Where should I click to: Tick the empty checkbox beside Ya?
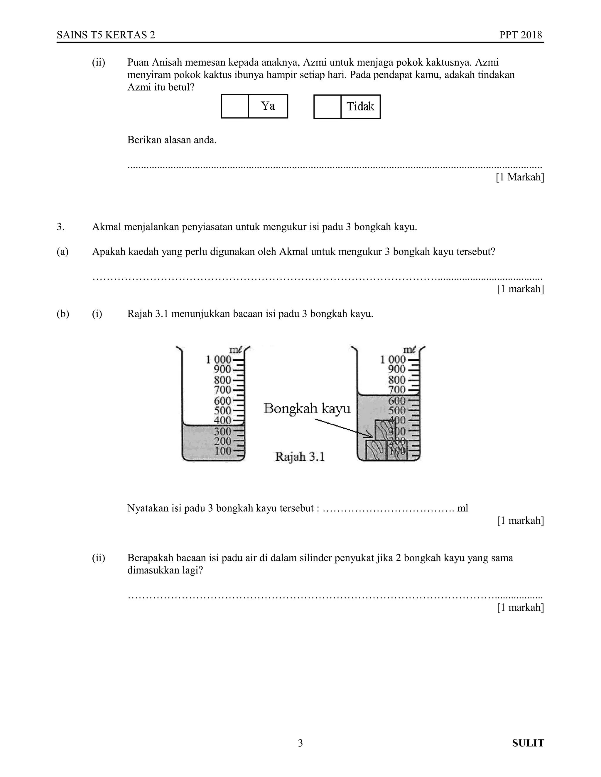coord(235,106)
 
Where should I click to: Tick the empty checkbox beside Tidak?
coord(327,106)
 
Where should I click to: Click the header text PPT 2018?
coord(520,35)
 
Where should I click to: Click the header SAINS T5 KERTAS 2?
coord(106,35)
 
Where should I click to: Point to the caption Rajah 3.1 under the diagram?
coord(300,457)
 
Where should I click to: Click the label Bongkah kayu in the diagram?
coord(307,408)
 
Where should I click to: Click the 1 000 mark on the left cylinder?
coord(219,360)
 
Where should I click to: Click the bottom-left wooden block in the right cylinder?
coord(376,451)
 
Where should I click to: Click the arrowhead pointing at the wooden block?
coord(370,436)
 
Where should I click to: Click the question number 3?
coord(60,227)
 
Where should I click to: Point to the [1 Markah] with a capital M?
coord(520,177)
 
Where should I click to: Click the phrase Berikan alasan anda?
coord(172,140)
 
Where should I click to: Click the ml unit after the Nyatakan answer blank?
coord(462,508)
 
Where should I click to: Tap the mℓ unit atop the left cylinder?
coord(235,350)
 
